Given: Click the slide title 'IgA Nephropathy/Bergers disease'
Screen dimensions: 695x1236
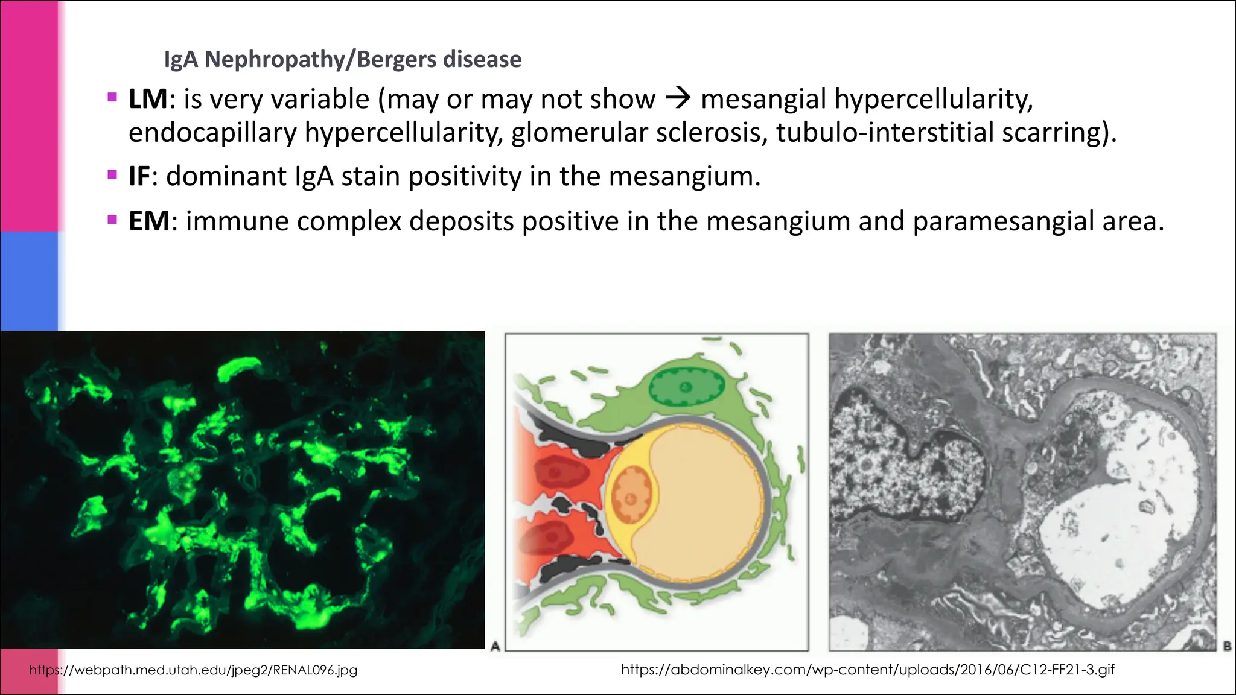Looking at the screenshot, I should click(342, 59).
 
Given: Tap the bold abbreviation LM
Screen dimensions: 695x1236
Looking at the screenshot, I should click(148, 99).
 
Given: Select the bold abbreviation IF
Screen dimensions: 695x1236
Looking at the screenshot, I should click(139, 176).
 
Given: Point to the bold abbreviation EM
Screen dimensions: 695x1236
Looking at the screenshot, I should click(149, 221).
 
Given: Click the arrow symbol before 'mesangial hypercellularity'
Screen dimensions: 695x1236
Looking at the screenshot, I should click(678, 98).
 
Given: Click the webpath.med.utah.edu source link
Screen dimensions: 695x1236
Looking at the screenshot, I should click(193, 670).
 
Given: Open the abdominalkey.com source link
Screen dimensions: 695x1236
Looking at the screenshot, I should click(867, 670).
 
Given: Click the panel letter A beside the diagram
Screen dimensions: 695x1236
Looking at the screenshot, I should click(495, 646).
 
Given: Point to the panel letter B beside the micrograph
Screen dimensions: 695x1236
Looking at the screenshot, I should click(1226, 646).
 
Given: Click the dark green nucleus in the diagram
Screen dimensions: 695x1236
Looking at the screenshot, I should click(686, 387).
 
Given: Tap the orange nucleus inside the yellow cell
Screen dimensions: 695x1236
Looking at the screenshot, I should click(631, 497).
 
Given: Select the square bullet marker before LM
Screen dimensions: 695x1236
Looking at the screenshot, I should click(112, 97).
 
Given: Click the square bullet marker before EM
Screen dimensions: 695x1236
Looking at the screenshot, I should click(112, 220).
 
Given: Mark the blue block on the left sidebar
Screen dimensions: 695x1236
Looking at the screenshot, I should click(29, 281).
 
